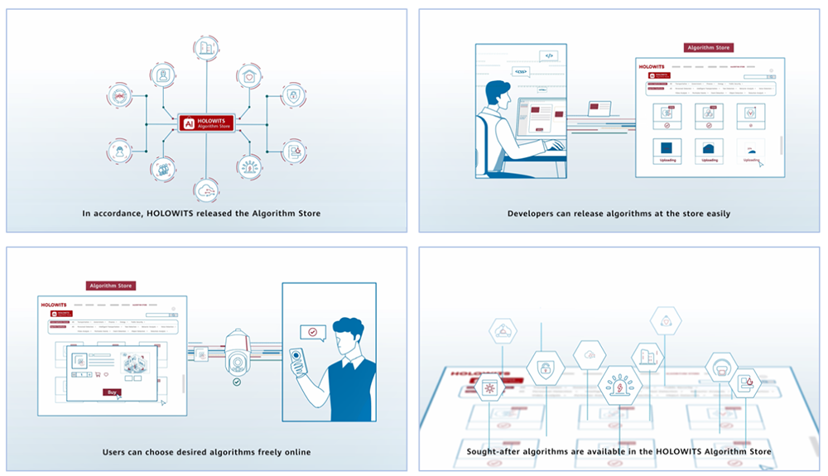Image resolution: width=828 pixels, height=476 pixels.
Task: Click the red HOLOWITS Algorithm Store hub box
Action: (x=206, y=123)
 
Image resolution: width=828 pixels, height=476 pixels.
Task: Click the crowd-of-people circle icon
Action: (x=163, y=169)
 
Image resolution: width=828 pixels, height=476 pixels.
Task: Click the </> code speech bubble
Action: (x=547, y=55)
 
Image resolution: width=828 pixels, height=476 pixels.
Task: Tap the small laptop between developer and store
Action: (x=599, y=108)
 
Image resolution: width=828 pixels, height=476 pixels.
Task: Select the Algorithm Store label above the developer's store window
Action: (x=708, y=48)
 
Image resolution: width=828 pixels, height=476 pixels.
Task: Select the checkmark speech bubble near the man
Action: (x=312, y=332)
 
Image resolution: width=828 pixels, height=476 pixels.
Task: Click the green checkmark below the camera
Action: (x=237, y=382)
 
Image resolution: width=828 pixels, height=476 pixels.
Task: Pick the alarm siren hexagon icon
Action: (x=619, y=385)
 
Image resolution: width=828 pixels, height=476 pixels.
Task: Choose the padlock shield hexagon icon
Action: (x=545, y=369)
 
